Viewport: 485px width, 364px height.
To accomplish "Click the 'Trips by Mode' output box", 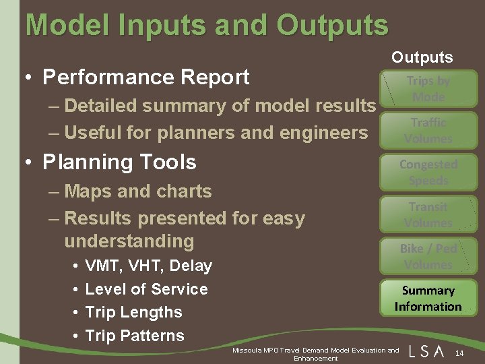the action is click(428, 88).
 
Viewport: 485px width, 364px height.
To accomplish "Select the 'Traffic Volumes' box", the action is click(428, 130).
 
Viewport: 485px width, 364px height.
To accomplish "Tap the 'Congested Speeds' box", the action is click(428, 172).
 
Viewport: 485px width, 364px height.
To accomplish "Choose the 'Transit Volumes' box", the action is click(428, 214).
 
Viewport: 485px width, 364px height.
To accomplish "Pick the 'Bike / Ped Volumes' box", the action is click(428, 256).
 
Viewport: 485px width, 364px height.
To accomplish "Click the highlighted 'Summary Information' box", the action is click(428, 299).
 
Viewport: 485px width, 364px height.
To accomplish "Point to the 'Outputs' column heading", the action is click(422, 57).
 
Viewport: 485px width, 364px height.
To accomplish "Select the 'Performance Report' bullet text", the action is click(145, 77).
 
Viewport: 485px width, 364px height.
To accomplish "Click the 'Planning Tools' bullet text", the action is click(119, 162).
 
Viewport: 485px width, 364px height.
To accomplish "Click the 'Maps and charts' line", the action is click(138, 191).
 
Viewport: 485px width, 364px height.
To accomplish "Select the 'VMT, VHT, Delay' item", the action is click(148, 266).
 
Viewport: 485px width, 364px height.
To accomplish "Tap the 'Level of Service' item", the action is click(146, 289).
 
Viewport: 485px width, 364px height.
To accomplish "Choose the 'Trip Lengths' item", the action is click(133, 312).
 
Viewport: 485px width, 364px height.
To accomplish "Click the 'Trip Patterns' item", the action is click(135, 335).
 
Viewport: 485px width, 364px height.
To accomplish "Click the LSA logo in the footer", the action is click(426, 351).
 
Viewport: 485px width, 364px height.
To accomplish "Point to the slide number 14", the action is click(459, 354).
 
